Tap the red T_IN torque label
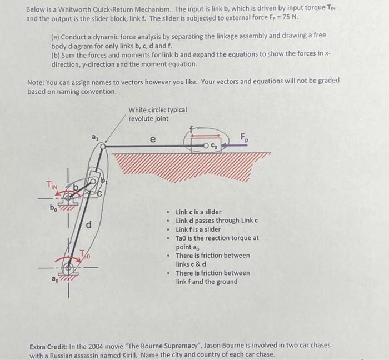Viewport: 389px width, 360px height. pyautogui.click(x=52, y=185)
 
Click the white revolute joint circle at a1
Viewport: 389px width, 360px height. pyautogui.click(x=103, y=146)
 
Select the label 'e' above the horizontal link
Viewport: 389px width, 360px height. pyautogui.click(x=153, y=138)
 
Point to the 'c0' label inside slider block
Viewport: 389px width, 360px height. pyautogui.click(x=215, y=146)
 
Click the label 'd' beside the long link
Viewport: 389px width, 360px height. pyautogui.click(x=88, y=224)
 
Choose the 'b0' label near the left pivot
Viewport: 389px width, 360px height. pyautogui.click(x=53, y=208)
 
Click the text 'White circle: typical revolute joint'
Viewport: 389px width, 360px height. pyautogui.click(x=157, y=114)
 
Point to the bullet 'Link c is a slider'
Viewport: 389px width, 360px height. pyautogui.click(x=198, y=212)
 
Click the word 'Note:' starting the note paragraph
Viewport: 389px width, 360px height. pyautogui.click(x=37, y=81)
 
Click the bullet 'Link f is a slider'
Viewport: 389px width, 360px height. pyautogui.click(x=198, y=229)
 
